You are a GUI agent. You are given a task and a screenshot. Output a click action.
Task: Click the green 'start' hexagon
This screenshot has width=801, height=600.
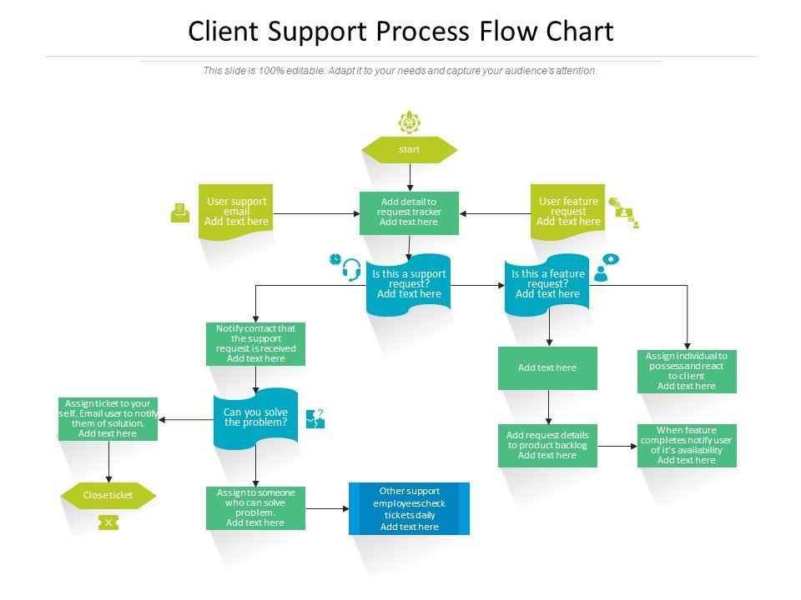pyautogui.click(x=409, y=150)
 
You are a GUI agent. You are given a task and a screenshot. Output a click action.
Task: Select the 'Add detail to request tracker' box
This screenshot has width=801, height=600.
pyautogui.click(x=409, y=212)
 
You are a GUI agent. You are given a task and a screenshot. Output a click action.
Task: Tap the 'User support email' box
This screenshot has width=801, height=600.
pyautogui.click(x=236, y=212)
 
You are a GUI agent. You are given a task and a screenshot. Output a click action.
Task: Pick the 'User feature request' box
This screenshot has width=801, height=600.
pyautogui.click(x=568, y=212)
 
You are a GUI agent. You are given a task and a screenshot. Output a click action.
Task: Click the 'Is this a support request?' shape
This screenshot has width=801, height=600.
pyautogui.click(x=409, y=284)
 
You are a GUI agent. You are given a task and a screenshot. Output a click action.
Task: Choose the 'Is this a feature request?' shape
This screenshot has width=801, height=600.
pyautogui.click(x=547, y=284)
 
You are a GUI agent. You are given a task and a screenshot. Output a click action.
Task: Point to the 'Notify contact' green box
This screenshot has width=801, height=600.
pyautogui.click(x=255, y=343)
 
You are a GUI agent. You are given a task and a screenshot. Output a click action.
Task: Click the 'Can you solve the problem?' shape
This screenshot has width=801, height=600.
pyautogui.click(x=255, y=417)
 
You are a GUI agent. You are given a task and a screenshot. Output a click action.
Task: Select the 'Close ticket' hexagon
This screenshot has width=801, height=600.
pyautogui.click(x=108, y=495)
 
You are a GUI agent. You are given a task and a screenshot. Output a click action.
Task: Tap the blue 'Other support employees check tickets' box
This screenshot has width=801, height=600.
pyautogui.click(x=409, y=508)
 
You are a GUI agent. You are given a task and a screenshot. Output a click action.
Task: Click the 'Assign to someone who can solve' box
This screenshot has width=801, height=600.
pyautogui.click(x=255, y=508)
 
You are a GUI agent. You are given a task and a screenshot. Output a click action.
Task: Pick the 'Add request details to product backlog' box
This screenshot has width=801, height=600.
pyautogui.click(x=547, y=445)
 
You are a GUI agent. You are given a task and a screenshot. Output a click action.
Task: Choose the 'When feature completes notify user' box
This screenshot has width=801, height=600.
pyautogui.click(x=687, y=445)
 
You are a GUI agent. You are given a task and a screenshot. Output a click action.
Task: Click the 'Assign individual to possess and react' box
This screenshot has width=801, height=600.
pyautogui.click(x=687, y=371)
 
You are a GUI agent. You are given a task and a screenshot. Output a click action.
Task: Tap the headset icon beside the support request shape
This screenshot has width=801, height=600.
pyautogui.click(x=351, y=270)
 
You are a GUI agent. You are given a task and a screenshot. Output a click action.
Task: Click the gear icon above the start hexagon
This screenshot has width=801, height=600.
pyautogui.click(x=409, y=122)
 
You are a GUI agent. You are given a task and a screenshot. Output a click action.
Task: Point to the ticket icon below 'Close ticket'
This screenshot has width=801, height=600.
pyautogui.click(x=108, y=522)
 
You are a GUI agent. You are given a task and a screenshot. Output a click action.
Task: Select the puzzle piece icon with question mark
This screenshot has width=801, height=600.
pyautogui.click(x=315, y=418)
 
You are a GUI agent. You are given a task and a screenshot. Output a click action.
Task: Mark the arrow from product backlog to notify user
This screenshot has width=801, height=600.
pyautogui.click(x=617, y=447)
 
